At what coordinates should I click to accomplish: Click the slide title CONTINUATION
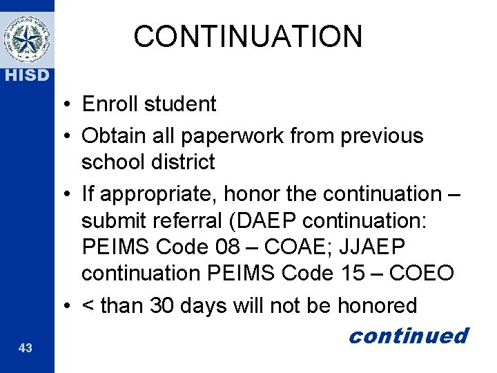click(248, 37)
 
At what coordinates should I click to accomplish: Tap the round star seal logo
click(26, 39)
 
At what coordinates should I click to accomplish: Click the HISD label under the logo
click(26, 75)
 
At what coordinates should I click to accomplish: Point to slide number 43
click(26, 349)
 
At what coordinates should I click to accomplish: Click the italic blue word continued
click(408, 336)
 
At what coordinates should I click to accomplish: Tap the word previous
click(382, 135)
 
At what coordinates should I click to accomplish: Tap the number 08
click(232, 247)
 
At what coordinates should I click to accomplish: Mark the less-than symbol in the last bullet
click(88, 305)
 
